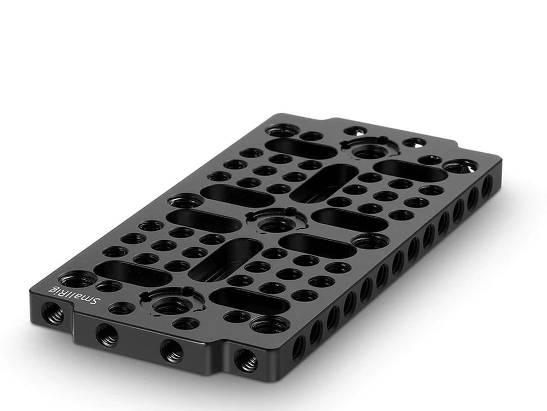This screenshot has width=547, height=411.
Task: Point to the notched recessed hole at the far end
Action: pyautogui.click(x=370, y=148)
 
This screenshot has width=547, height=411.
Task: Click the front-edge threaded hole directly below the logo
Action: pyautogui.click(x=53, y=312)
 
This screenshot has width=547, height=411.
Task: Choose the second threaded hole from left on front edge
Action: pyautogui.click(x=107, y=335)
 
